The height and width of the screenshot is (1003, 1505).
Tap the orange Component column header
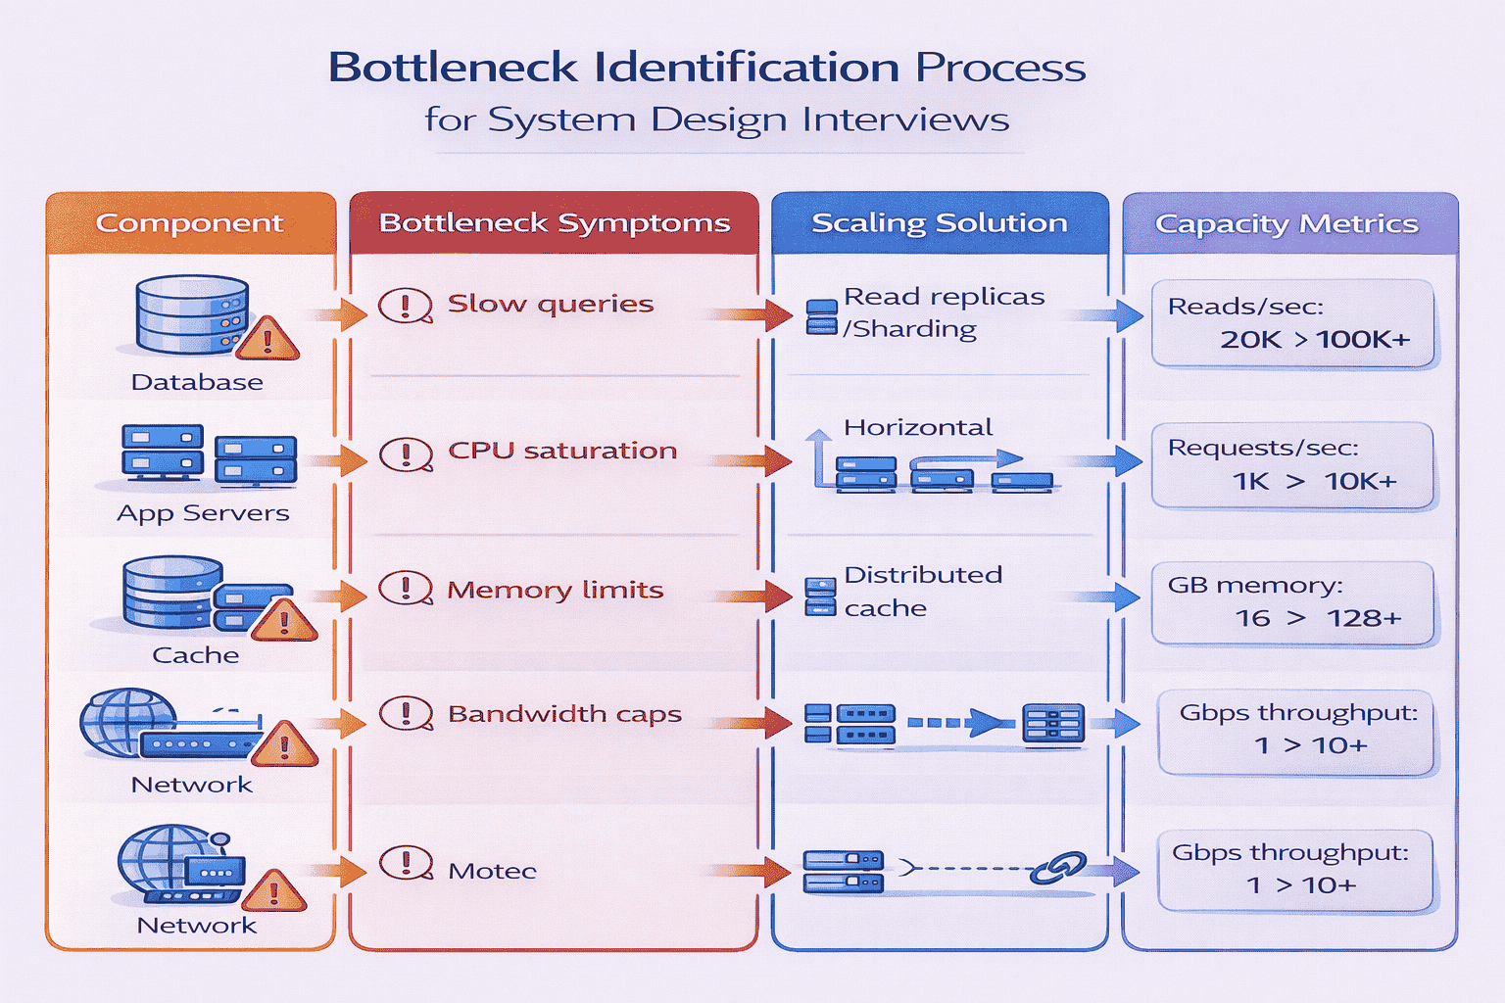click(x=189, y=223)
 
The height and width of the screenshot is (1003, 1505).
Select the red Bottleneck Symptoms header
click(x=554, y=223)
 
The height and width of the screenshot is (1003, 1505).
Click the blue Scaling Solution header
click(x=939, y=223)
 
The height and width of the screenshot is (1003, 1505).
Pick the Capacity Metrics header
click(x=1286, y=224)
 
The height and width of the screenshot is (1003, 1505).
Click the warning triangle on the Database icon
click(x=267, y=340)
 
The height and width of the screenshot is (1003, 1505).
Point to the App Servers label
click(x=203, y=513)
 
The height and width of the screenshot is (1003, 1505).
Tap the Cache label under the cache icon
click(x=195, y=655)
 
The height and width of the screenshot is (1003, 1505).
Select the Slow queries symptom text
click(x=550, y=304)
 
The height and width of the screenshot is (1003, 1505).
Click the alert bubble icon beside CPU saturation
click(x=406, y=454)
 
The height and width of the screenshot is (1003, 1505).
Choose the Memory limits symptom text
click(x=555, y=590)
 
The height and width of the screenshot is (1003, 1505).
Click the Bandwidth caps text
click(x=564, y=714)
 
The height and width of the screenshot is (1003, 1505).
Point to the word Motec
click(x=492, y=871)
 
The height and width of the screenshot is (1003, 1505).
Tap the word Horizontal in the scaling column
click(x=918, y=428)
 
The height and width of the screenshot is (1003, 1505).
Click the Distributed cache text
click(x=922, y=591)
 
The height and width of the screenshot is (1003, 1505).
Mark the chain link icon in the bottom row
click(x=1058, y=868)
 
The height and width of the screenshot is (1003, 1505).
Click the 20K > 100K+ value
click(x=1314, y=340)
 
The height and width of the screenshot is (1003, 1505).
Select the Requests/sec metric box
click(x=1292, y=465)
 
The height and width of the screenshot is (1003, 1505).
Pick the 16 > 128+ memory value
click(x=1317, y=618)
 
